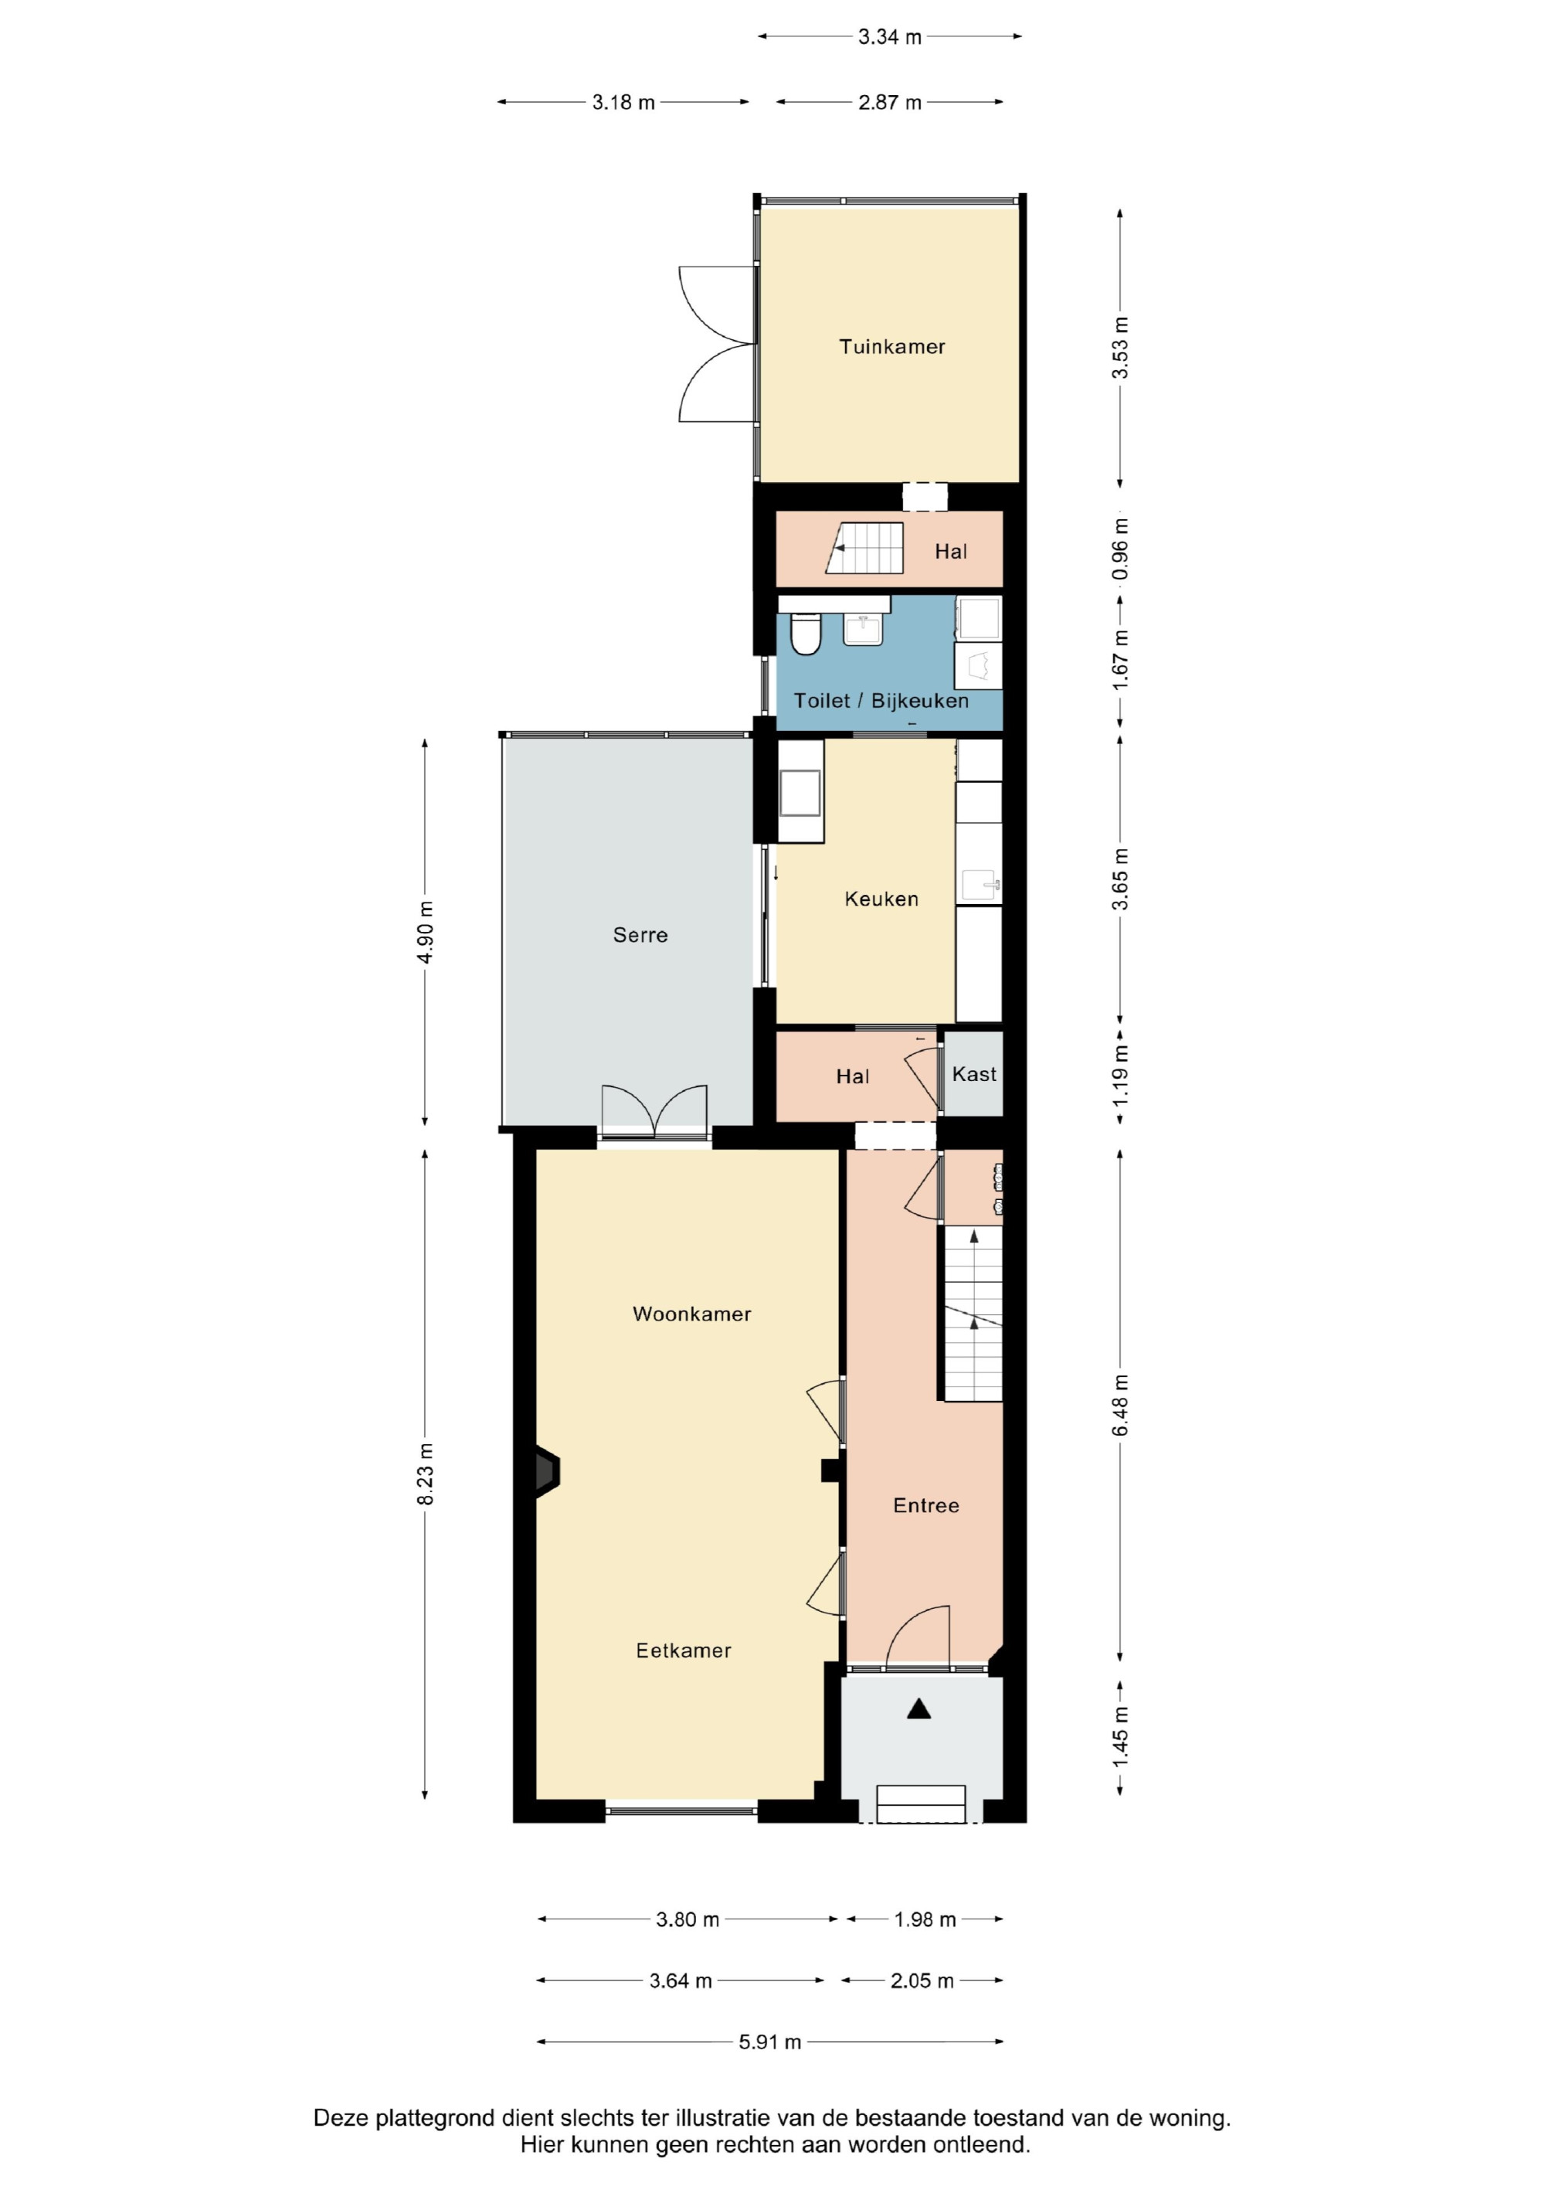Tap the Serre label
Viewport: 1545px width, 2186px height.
tap(640, 935)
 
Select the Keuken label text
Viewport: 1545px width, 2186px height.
tap(881, 899)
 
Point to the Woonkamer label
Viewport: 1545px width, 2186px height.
tap(692, 1314)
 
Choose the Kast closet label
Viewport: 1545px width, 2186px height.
tap(974, 1074)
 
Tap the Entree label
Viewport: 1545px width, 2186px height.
tap(925, 1505)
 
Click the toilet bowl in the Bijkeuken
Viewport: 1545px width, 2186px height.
tap(806, 634)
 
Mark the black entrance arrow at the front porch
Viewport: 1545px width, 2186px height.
tap(919, 1709)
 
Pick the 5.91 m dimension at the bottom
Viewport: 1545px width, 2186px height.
tap(770, 2042)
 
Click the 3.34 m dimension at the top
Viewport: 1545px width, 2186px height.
tap(890, 37)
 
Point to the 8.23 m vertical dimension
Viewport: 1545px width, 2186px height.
tap(426, 1474)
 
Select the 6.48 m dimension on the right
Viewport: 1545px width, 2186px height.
tap(1120, 1406)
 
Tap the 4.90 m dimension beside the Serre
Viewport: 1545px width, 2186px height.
tap(426, 932)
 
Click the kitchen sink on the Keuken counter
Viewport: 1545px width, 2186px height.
tap(980, 886)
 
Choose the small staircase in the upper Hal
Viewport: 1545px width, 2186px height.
tap(865, 549)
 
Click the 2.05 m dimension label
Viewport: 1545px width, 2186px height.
tap(922, 1981)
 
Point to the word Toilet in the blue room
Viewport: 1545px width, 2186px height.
tap(821, 701)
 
